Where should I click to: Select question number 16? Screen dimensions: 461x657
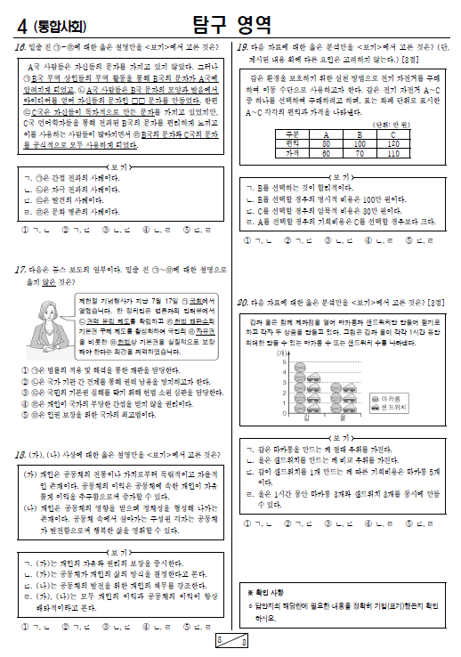[x=18, y=48]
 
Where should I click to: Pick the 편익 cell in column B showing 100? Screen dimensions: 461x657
[x=360, y=143]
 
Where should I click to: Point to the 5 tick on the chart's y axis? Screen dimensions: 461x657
[x=284, y=361]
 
